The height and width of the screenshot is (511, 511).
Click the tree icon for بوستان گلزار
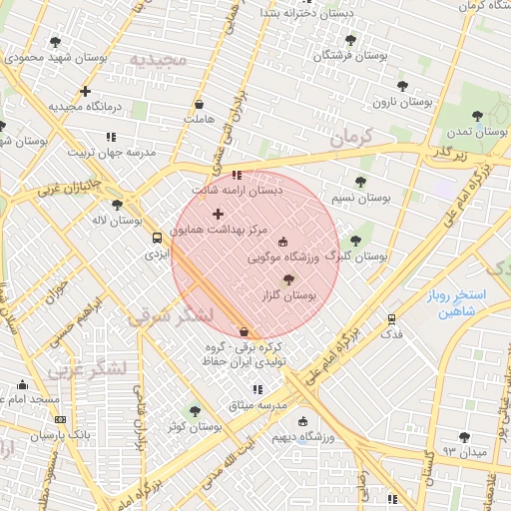point(289,280)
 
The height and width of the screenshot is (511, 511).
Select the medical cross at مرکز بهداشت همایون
point(218,214)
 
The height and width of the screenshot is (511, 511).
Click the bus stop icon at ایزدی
point(157,238)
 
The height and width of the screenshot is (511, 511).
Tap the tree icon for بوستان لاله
point(117,205)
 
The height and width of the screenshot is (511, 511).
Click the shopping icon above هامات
point(199,104)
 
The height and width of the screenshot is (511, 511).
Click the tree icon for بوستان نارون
point(402,87)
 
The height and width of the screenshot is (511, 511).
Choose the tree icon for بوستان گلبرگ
point(355,241)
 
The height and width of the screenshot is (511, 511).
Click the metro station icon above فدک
point(391,319)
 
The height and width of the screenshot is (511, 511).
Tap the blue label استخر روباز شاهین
point(454,304)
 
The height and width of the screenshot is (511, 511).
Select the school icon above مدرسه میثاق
point(256,389)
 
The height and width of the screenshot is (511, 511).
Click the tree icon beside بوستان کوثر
point(195,411)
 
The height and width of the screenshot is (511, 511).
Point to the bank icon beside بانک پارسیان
point(60,420)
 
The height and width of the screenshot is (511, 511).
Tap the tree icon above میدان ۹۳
point(463,437)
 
